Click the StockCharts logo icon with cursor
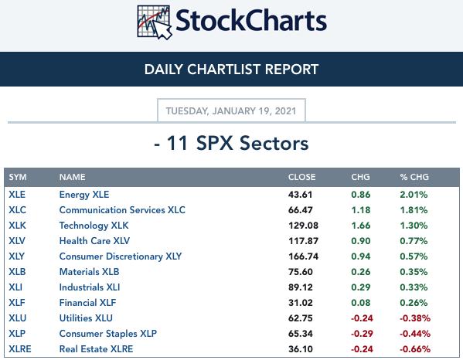[154, 22]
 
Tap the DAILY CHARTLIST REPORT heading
[232, 70]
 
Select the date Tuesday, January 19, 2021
[231, 111]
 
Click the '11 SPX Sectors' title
[231, 144]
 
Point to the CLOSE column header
[301, 177]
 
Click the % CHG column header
[414, 177]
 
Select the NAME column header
[73, 177]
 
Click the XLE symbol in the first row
[17, 195]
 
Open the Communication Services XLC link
[122, 210]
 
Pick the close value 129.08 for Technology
[303, 226]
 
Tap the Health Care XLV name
[94, 241]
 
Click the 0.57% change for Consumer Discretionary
[414, 256]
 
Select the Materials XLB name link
[89, 271]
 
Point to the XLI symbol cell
[15, 287]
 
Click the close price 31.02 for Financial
[301, 303]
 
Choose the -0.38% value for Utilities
[415, 318]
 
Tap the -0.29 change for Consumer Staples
[362, 334]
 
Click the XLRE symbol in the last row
[20, 348]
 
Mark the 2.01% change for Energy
[414, 195]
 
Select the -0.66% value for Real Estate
[415, 348]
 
